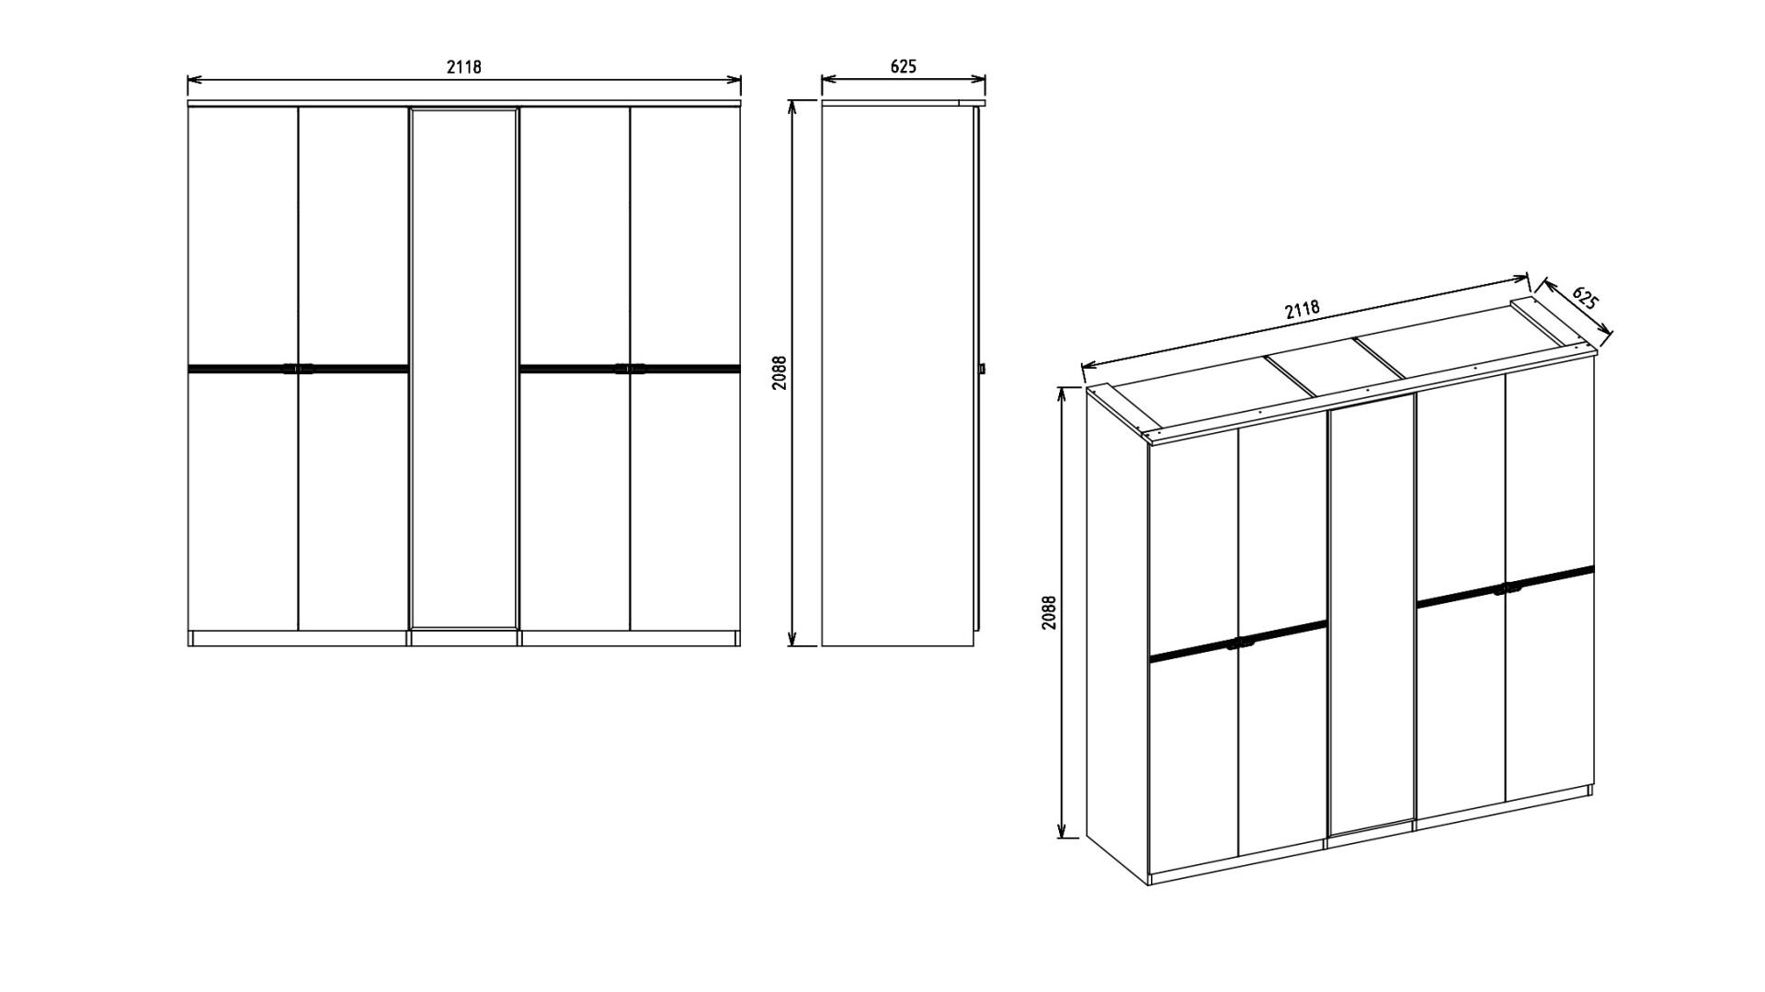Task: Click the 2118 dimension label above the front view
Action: pos(464,66)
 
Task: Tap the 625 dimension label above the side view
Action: pos(903,66)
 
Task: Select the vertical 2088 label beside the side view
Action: pos(780,372)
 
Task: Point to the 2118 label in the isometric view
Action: pos(1303,310)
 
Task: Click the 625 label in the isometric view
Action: pos(1585,298)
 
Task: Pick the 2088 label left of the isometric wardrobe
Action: pos(1050,612)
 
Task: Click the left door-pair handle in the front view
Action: pos(298,369)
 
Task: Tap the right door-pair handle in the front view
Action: pos(630,369)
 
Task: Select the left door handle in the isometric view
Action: pos(1239,643)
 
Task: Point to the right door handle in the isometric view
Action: pos(1506,586)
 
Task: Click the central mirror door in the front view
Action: pos(464,368)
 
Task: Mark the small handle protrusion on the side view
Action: pos(982,369)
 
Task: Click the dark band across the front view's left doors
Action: pos(298,369)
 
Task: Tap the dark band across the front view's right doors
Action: pos(630,369)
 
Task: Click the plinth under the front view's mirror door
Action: pos(464,637)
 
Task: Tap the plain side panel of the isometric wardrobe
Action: pos(1117,634)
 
